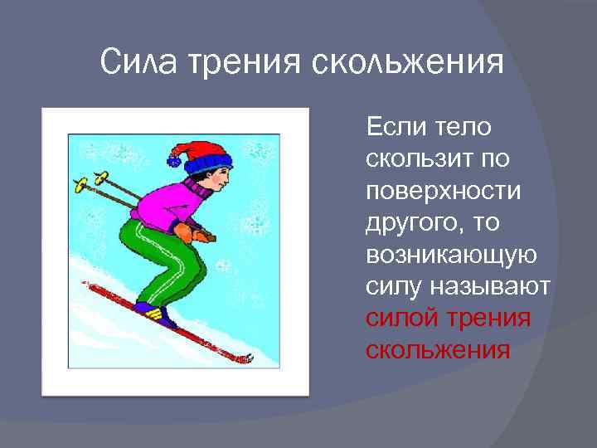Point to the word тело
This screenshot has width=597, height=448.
pos(461,129)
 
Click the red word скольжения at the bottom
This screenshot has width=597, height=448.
pos(437,349)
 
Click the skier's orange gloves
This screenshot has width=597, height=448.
pos(201,234)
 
